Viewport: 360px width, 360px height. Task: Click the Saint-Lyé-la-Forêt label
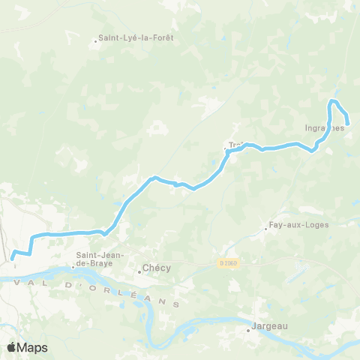137,37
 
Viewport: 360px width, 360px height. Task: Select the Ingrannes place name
325,127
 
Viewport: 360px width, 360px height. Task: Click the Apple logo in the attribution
12,347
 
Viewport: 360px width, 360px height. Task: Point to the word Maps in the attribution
33,347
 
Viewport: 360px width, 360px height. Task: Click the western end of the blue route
13,259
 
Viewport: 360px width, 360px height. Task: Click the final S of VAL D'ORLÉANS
177,304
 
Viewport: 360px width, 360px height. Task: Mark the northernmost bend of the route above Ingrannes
334,100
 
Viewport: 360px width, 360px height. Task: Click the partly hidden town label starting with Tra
235,144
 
